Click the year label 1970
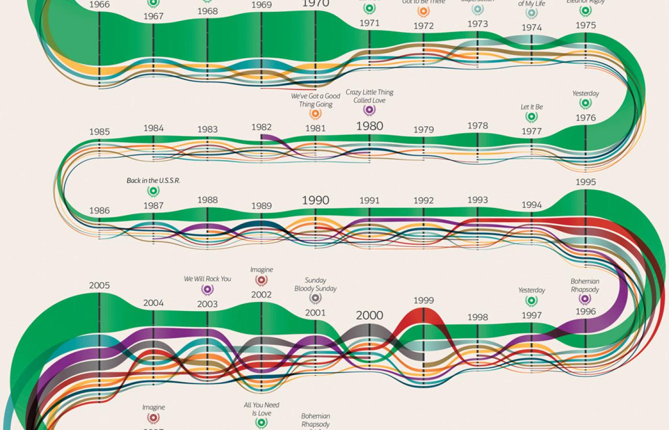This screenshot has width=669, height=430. click(x=315, y=4)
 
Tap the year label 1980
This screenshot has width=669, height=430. click(x=369, y=126)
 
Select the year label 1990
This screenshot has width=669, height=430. click(x=315, y=200)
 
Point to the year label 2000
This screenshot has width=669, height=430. click(x=369, y=315)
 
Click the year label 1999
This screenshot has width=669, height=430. click(x=423, y=301)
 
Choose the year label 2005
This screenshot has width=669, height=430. click(x=99, y=286)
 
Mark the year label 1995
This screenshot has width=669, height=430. click(x=585, y=182)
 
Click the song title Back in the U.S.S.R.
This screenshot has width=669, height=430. click(x=153, y=181)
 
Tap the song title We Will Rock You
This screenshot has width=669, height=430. click(x=207, y=279)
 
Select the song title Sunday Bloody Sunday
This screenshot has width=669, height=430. click(x=315, y=284)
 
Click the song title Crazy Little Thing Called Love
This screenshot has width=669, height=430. click(x=369, y=96)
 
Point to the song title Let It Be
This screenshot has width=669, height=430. click(x=531, y=107)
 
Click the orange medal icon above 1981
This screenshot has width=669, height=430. click(x=315, y=114)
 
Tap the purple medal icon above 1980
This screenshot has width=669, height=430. click(x=369, y=110)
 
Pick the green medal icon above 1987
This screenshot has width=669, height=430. click(x=153, y=191)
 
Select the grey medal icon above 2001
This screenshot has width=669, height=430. click(x=315, y=299)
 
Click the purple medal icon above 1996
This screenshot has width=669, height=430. click(x=585, y=299)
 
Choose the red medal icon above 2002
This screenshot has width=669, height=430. click(x=261, y=280)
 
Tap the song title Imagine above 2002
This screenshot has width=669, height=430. click(x=261, y=270)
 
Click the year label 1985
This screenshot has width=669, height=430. click(x=99, y=132)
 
